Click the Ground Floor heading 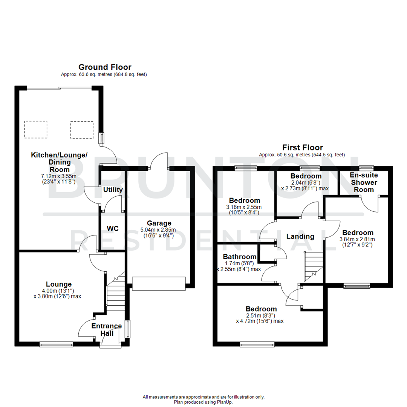pyautogui.click(x=104, y=67)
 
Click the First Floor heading pyautogui.click(x=302, y=147)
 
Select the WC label pyautogui.click(x=113, y=229)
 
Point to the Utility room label pyautogui.click(x=113, y=190)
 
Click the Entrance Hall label pyautogui.click(x=107, y=330)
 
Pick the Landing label pyautogui.click(x=300, y=236)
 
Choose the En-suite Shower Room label pyautogui.click(x=363, y=182)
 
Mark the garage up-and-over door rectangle pyautogui.click(x=159, y=283)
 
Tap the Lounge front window pyautogui.click(x=56, y=344)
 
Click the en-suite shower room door pyautogui.click(x=370, y=205)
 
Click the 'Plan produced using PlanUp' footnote pyautogui.click(x=203, y=402)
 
